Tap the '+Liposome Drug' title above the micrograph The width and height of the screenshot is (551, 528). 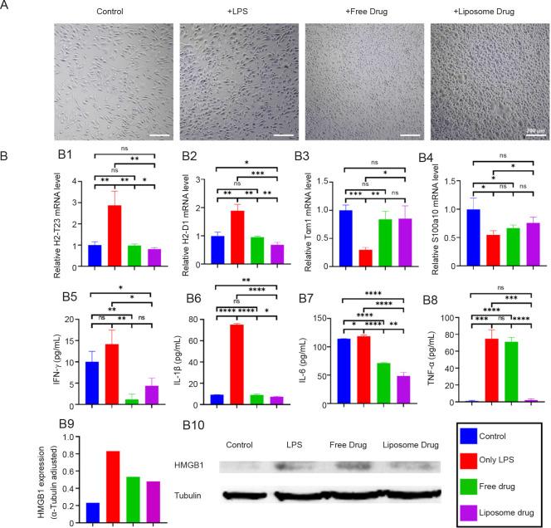[x=485, y=12]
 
